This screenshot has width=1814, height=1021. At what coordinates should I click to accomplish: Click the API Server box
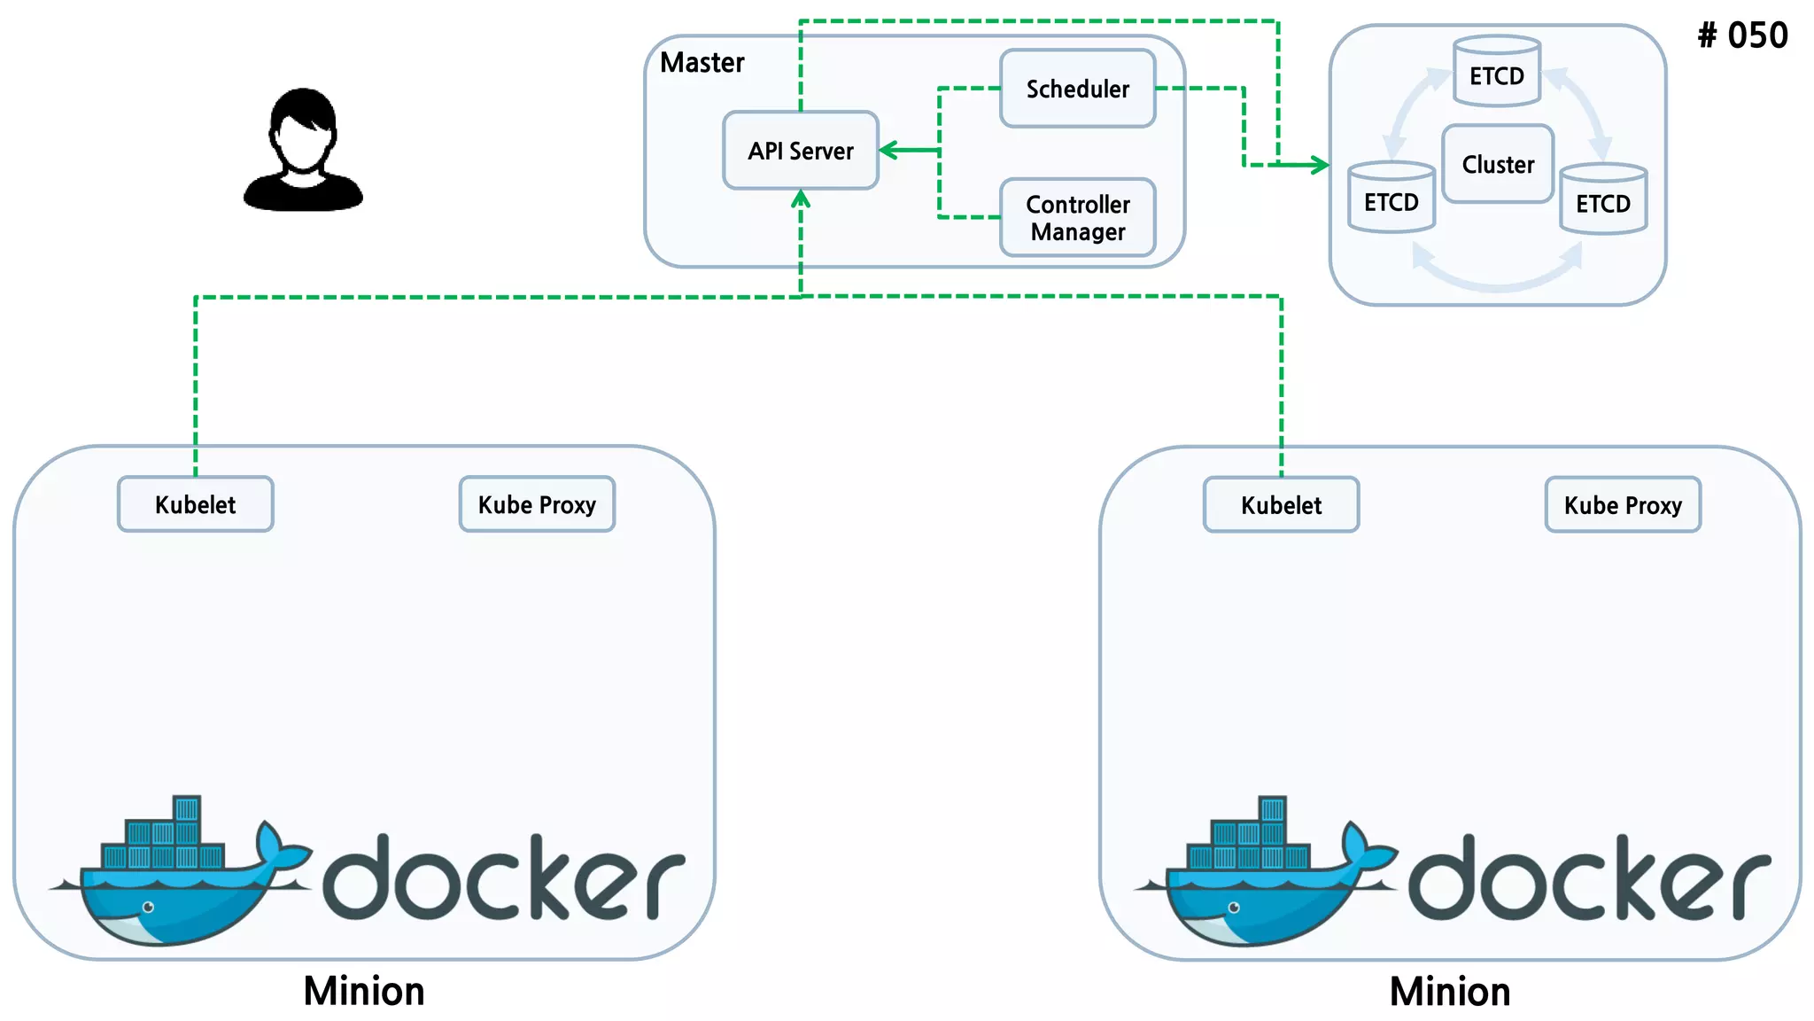[801, 151]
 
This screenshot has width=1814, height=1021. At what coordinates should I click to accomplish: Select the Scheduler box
[1077, 89]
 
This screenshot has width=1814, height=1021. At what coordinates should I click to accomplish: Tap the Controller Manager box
[1077, 218]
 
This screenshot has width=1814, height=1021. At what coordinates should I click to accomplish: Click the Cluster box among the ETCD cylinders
[1497, 164]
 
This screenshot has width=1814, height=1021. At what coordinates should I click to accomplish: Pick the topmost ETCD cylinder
[1497, 73]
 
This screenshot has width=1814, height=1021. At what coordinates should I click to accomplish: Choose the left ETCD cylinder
[1391, 199]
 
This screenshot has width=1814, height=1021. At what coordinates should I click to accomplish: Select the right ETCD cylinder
[1602, 201]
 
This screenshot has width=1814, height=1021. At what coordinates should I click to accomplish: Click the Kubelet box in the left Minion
[195, 504]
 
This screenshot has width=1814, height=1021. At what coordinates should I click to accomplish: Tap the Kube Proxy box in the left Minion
[537, 504]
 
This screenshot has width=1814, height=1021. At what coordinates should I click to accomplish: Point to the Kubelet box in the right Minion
[1281, 505]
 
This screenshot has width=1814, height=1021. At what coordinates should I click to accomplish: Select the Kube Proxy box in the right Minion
[1623, 505]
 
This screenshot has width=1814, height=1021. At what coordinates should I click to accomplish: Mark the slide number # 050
[1742, 35]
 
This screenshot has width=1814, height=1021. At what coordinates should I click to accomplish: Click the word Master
[702, 62]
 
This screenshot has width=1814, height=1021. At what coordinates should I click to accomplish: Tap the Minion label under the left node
[363, 991]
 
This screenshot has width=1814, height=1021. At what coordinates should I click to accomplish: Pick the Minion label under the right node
[1449, 991]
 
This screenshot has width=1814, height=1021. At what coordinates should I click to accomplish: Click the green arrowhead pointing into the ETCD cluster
[1321, 165]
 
